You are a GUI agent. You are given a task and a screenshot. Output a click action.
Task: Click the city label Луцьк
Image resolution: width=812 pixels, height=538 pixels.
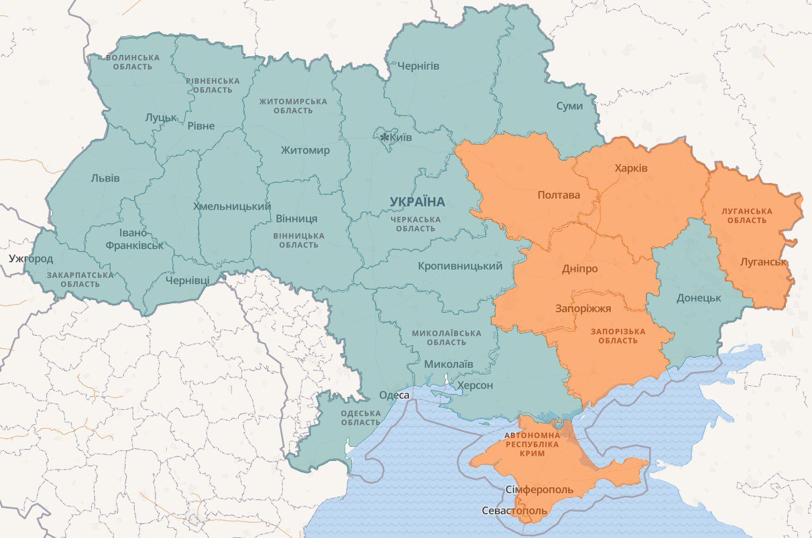(161, 117)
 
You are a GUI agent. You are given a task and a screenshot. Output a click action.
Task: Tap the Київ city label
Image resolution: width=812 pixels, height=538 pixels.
(401, 137)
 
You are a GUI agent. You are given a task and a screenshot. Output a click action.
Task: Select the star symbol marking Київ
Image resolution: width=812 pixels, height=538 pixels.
(384, 137)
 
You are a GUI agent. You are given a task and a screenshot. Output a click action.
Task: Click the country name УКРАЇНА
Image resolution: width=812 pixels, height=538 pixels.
(417, 202)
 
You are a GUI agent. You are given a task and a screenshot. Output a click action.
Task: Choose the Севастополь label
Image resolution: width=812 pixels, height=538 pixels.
(514, 511)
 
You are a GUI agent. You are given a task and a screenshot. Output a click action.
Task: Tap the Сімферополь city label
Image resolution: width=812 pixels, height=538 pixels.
(540, 490)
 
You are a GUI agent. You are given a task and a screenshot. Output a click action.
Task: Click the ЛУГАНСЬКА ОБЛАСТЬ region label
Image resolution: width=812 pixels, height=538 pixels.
(747, 216)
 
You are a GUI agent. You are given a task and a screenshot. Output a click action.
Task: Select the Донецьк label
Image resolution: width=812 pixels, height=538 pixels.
(699, 297)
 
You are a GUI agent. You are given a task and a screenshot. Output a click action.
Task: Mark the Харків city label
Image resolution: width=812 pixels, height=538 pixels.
(631, 167)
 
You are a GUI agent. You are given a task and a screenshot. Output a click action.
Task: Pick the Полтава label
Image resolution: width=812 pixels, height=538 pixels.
(559, 195)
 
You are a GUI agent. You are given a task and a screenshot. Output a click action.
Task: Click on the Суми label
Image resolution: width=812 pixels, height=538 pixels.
(569, 106)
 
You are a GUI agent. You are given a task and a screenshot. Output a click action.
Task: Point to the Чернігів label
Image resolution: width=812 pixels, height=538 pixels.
(418, 66)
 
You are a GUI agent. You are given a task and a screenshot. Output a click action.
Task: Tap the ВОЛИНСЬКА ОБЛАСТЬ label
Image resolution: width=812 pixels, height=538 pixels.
(133, 62)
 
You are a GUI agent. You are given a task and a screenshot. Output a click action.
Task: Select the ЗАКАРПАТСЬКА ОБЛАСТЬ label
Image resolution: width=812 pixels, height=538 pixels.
(80, 279)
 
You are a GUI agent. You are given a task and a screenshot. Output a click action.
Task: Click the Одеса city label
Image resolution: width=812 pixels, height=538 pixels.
(394, 395)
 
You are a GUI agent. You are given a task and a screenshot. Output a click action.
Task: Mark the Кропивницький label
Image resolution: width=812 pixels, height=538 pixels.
(460, 266)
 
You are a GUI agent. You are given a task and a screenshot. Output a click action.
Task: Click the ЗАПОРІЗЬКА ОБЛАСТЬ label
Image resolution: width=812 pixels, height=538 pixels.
(618, 336)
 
